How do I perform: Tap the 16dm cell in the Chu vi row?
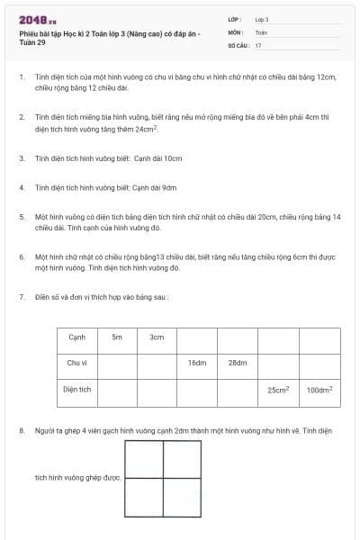(x=197, y=363)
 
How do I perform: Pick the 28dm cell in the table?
(x=237, y=363)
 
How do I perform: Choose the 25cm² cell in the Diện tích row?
(x=278, y=391)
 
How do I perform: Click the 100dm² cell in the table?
(x=319, y=391)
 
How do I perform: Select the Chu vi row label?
(x=76, y=363)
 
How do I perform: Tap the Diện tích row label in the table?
(x=76, y=391)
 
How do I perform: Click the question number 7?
(x=22, y=296)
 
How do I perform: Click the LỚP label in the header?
(x=236, y=19)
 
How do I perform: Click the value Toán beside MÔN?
(x=261, y=31)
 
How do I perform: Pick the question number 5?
(x=22, y=217)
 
